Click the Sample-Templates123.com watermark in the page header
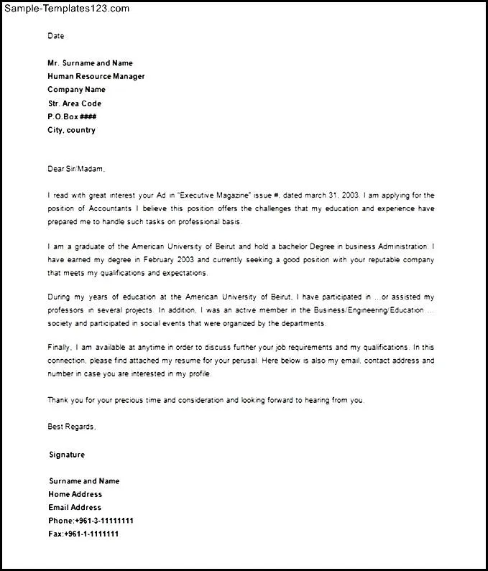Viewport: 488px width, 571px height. pyautogui.click(x=65, y=9)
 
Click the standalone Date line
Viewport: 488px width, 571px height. pyautogui.click(x=56, y=35)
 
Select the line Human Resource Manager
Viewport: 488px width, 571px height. pyautogui.click(x=96, y=76)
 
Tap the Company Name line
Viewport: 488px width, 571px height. pyautogui.click(x=76, y=90)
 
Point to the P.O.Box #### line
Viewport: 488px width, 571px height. pyautogui.click(x=72, y=116)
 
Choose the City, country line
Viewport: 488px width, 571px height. pyautogui.click(x=71, y=130)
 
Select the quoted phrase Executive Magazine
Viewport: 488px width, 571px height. pyautogui.click(x=214, y=195)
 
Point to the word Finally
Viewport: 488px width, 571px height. pyautogui.click(x=60, y=348)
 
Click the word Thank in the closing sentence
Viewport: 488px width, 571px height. pyautogui.click(x=58, y=400)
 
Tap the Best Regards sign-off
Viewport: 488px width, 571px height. pyautogui.click(x=71, y=427)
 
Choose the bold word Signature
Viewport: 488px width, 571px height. pyautogui.click(x=67, y=455)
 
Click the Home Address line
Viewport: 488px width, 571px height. pyautogui.click(x=75, y=494)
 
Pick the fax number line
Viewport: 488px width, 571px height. pyautogui.click(x=83, y=534)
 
